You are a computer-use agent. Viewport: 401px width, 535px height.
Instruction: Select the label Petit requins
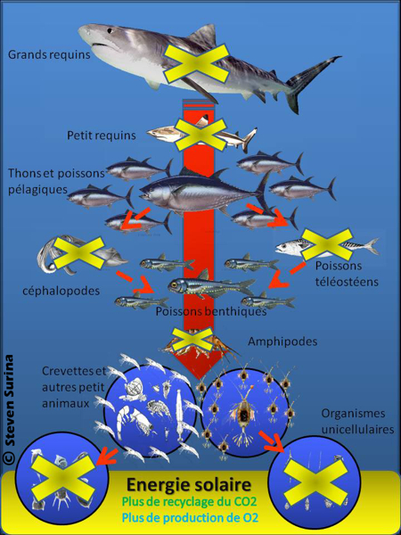pos(101,136)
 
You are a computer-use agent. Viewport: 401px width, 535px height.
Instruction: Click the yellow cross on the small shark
pos(199,135)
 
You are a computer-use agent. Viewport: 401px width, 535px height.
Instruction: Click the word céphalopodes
pos(61,292)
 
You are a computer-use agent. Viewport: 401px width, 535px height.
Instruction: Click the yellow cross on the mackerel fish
pos(322,244)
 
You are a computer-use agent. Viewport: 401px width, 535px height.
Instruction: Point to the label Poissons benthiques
pos(211,312)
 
